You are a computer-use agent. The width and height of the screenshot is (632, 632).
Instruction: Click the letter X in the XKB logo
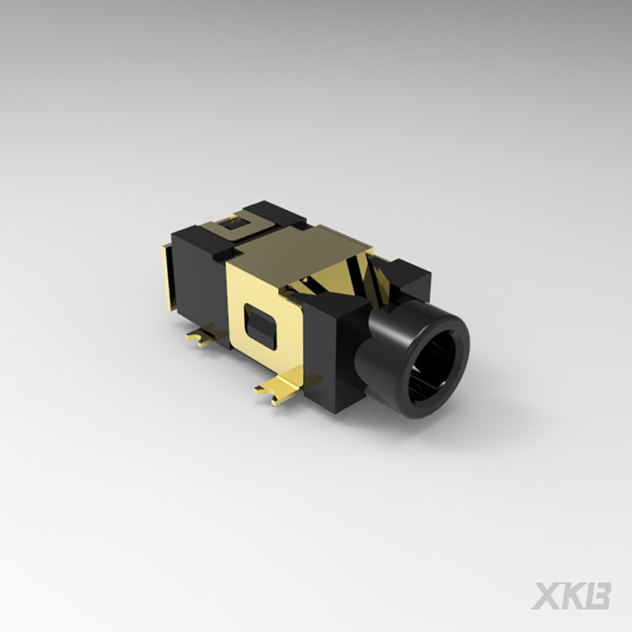point(546,595)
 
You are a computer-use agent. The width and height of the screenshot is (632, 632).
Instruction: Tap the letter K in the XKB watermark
point(572,595)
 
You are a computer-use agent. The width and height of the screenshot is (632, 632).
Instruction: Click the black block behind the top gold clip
point(277,212)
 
